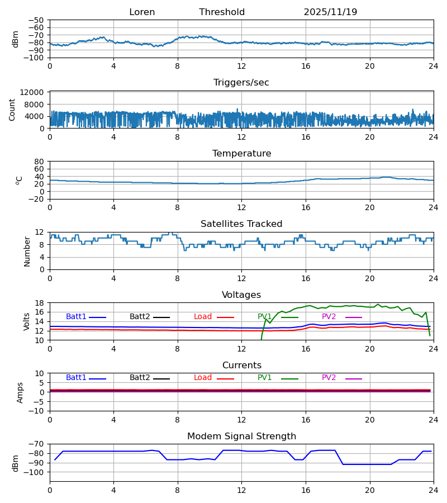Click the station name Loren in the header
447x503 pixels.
point(142,12)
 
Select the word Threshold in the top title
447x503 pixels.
point(222,12)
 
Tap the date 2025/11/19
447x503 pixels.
point(330,12)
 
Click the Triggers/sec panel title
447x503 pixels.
point(241,83)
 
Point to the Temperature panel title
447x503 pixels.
point(241,154)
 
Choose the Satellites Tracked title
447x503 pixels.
point(241,224)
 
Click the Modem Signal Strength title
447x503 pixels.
point(241,436)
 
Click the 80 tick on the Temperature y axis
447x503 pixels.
point(40,162)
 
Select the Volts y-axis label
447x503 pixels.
point(27,321)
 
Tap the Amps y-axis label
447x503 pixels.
point(21,392)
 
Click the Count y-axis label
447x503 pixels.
point(12,110)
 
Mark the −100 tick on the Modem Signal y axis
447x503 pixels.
point(35,472)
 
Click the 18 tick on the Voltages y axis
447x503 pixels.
point(40,303)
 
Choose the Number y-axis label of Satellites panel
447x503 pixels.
point(27,251)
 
